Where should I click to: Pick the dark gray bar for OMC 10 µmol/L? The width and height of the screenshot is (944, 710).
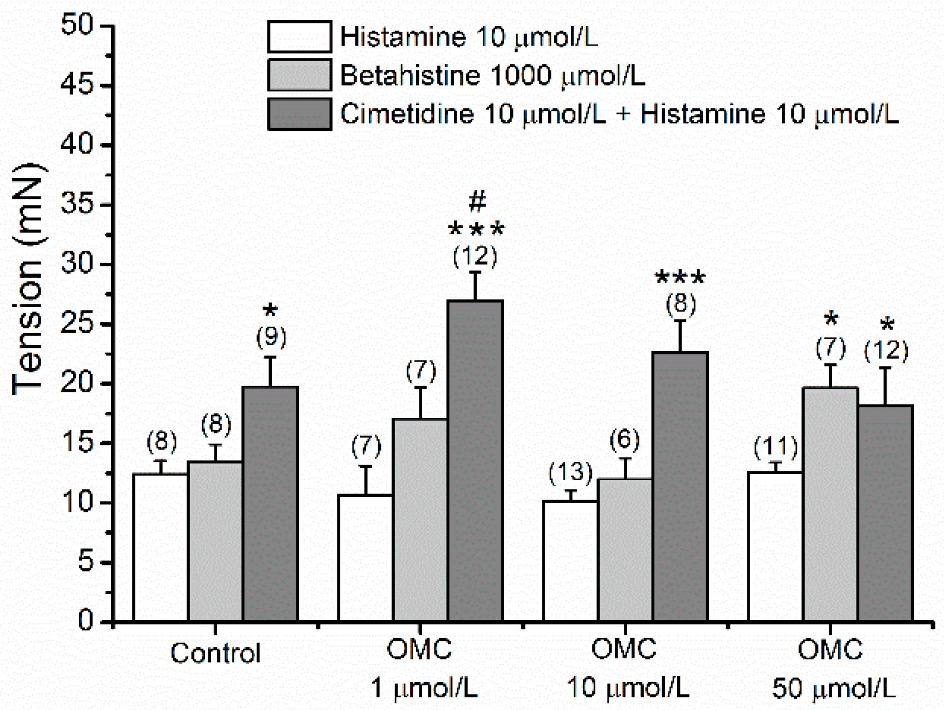(680, 486)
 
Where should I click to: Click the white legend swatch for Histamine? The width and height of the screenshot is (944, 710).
(300, 37)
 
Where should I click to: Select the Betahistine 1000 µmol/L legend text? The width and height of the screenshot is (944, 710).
(492, 75)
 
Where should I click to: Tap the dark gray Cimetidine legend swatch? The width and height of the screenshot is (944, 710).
(300, 114)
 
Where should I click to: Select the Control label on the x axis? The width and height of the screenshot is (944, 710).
(215, 653)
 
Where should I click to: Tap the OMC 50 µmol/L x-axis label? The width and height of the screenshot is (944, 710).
(831, 668)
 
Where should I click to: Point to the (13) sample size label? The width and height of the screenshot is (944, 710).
(570, 472)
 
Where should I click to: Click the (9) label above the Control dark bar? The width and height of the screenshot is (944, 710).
(271, 337)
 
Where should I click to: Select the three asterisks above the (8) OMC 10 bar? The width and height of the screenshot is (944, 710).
(680, 277)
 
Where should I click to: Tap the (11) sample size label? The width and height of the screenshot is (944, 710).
(775, 446)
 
